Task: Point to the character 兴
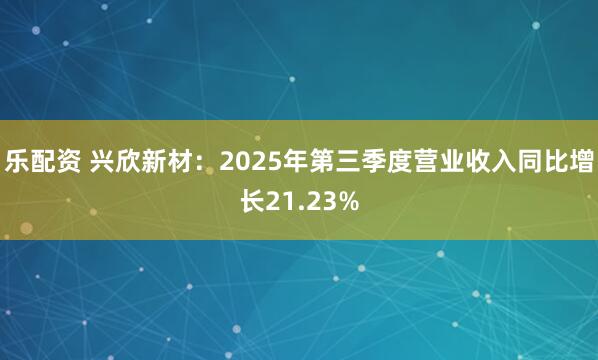click(103, 160)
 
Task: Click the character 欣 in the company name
click(129, 160)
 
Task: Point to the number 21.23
click(299, 201)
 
